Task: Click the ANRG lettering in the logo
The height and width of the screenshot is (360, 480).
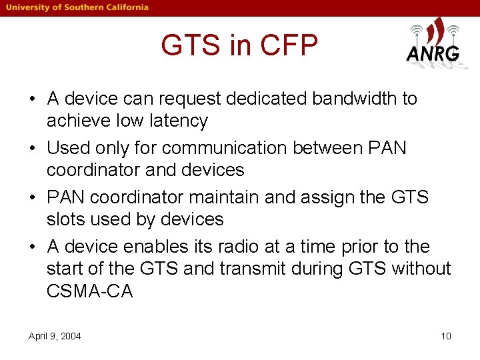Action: pyautogui.click(x=433, y=54)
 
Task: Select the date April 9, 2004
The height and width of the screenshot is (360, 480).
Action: pyautogui.click(x=55, y=336)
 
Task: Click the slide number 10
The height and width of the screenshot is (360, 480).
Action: pyautogui.click(x=446, y=336)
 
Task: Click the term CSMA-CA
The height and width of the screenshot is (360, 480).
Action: pyautogui.click(x=90, y=291)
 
